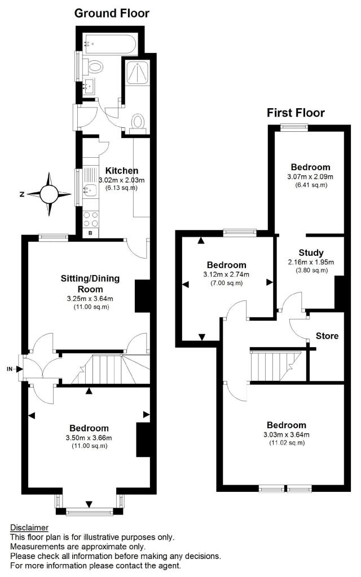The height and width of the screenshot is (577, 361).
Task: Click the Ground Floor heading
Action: click(112, 13)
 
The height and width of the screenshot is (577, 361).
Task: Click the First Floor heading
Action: click(296, 113)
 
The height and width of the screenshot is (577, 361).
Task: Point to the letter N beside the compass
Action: click(21, 194)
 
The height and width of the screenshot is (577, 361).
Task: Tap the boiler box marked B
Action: click(90, 232)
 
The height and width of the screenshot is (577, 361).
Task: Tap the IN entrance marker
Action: click(10, 369)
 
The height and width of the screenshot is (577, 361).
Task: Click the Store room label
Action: click(327, 336)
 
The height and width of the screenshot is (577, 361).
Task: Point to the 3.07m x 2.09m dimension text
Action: click(310, 176)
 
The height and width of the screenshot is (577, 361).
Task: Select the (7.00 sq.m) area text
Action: click(226, 283)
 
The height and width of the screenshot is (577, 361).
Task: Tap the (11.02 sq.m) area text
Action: click(287, 443)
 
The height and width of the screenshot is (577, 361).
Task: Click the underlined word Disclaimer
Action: click(29, 527)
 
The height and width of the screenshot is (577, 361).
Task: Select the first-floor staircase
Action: click(275, 365)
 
